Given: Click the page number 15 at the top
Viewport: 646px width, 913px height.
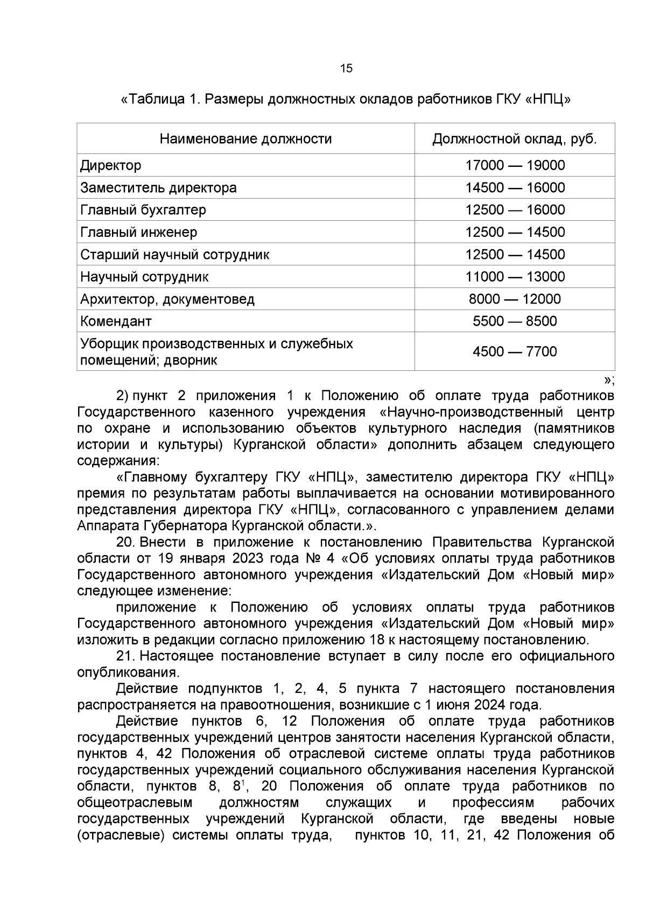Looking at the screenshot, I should click(346, 68).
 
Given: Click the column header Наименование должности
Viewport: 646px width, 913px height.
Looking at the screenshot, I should click(245, 139).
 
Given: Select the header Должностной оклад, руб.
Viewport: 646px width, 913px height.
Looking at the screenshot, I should click(515, 139).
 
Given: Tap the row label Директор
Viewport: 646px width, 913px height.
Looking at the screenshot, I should click(111, 165).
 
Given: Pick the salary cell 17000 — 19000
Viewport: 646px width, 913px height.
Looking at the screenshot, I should click(515, 165).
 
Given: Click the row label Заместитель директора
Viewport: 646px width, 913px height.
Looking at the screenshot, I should click(158, 188).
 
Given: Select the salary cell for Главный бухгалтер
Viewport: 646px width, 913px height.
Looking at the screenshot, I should click(515, 210).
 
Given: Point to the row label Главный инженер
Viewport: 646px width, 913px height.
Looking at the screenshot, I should click(139, 233).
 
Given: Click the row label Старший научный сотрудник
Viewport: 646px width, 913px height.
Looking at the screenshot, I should click(175, 255).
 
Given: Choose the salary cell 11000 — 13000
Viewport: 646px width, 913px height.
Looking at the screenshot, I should click(515, 277).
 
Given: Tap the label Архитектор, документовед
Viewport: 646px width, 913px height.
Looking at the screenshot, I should click(167, 299).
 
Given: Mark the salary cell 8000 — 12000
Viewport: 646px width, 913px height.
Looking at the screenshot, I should click(515, 299).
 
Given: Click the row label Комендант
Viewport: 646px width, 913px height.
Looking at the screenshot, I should click(116, 321).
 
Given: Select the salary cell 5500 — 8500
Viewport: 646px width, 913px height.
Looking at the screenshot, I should click(515, 321).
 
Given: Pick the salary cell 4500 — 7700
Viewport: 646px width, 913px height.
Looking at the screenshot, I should click(515, 352).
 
